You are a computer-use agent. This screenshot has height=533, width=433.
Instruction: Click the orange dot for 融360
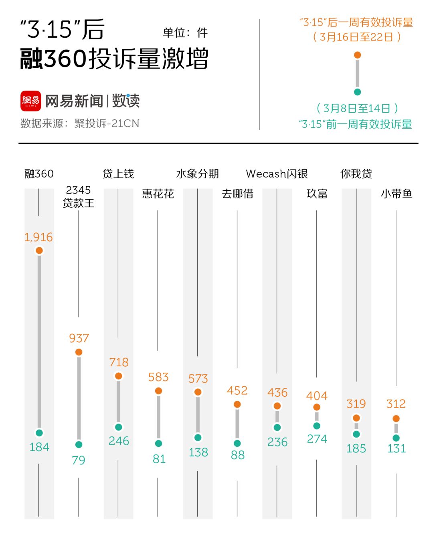tap(39, 250)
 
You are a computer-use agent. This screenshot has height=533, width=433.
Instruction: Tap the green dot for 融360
tap(39, 433)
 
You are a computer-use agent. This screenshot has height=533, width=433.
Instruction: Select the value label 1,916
tap(38, 237)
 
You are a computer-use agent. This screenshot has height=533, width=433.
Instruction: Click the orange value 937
tap(79, 338)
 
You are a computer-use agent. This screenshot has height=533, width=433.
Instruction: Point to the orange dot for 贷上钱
tap(118, 376)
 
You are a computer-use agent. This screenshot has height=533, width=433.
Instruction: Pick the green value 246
tap(119, 441)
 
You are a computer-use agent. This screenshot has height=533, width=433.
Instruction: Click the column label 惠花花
tap(158, 194)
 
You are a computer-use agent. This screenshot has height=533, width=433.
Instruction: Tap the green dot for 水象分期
tap(198, 438)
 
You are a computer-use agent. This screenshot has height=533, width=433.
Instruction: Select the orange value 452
tap(237, 390)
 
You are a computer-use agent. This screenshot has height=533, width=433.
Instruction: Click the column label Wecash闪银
tap(277, 174)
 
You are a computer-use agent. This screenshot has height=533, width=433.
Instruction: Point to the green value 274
tap(317, 439)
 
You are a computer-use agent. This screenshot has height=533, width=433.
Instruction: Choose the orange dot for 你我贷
tap(356, 418)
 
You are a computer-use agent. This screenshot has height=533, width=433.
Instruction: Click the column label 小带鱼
tap(396, 194)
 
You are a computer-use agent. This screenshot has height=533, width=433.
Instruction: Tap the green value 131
tap(397, 448)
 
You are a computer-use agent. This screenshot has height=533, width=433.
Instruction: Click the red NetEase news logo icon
tap(30, 101)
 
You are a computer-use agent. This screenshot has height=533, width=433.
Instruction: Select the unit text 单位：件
tap(185, 32)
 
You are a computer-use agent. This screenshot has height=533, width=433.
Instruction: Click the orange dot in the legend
tap(357, 55)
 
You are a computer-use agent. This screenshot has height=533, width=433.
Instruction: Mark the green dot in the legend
tap(357, 92)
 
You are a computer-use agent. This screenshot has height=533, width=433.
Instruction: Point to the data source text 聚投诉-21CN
tap(107, 123)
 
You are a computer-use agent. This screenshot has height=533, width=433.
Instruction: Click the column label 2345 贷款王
tap(79, 196)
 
